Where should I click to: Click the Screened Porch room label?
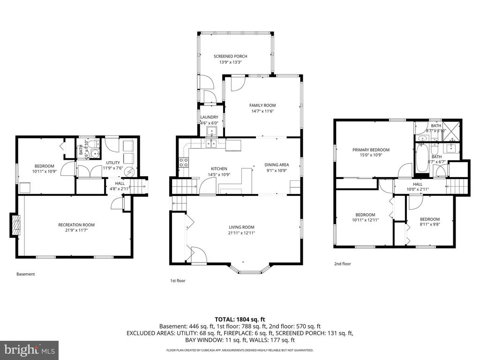point(230,56)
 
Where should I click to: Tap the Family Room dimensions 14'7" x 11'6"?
point(262,112)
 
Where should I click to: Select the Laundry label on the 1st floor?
point(209,117)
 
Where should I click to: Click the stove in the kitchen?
point(184,163)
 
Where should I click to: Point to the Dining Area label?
point(277,165)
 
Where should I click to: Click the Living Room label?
point(241,227)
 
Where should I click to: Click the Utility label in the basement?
point(113,162)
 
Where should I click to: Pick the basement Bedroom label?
point(44,165)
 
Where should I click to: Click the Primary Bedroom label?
point(371,150)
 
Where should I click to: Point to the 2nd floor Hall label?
point(418,184)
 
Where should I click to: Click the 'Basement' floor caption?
point(25,274)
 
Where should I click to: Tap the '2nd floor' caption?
point(342,264)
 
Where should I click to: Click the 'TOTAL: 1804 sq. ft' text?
point(240,319)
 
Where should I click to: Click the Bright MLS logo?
point(29,350)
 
